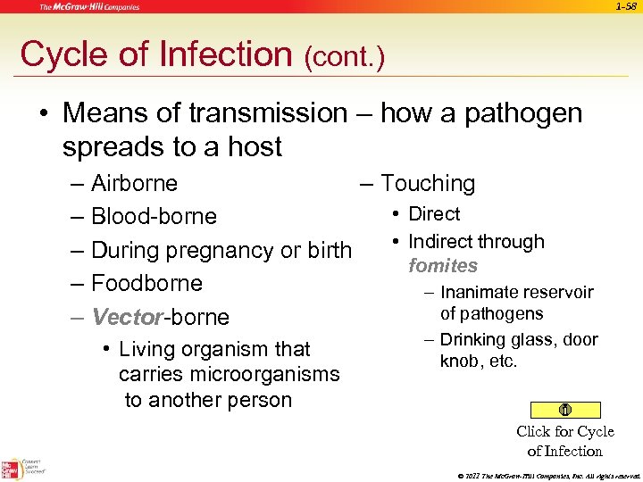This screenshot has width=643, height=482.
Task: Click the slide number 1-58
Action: click(627, 7)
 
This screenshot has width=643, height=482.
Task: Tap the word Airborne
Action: click(134, 184)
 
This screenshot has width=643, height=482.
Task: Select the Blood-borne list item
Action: click(154, 217)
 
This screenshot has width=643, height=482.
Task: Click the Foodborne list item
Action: click(146, 284)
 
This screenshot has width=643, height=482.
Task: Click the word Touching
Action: click(428, 184)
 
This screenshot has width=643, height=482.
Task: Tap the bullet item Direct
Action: click(433, 214)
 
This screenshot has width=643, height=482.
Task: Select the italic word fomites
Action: click(443, 266)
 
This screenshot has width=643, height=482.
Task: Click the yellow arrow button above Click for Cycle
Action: click(564, 410)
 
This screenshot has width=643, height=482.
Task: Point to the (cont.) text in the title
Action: click(344, 58)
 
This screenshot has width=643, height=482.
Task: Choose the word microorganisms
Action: click(229, 375)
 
